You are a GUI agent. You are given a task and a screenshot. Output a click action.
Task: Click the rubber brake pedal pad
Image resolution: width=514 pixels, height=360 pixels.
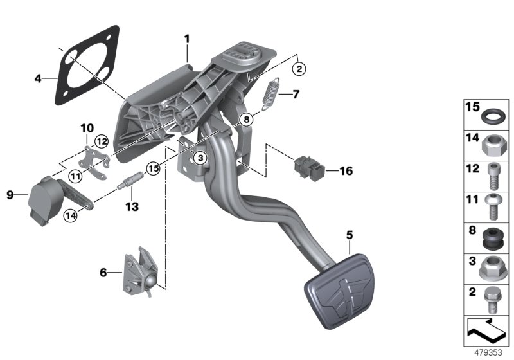[339, 288]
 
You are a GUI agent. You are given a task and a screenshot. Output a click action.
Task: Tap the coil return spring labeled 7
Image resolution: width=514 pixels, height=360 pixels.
[273, 94]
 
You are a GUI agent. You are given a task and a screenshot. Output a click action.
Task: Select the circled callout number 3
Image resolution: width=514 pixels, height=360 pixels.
[200, 157]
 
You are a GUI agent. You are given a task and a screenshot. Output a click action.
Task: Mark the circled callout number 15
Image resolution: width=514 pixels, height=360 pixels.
[152, 168]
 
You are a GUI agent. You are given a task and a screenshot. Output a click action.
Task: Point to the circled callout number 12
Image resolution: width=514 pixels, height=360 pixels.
[101, 141]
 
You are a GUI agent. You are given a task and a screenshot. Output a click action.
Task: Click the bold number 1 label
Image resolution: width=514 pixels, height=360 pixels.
[187, 39]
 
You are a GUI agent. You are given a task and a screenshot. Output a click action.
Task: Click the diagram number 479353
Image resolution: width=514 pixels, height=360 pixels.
[491, 352]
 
